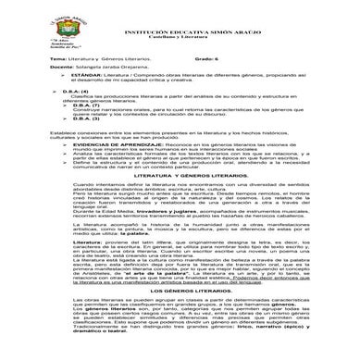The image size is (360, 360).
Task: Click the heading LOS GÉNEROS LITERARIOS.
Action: pyautogui.click(x=180, y=315)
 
